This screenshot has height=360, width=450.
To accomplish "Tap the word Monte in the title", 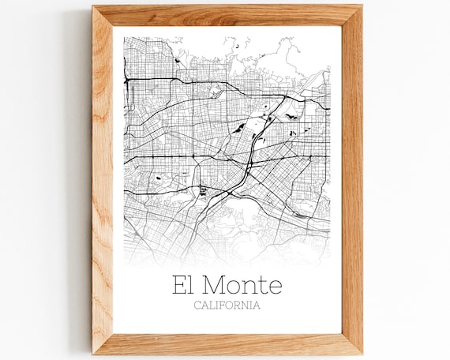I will coord(242,284).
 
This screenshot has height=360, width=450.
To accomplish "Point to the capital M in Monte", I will coord(214,284).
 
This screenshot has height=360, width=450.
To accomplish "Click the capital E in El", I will coord(179,284).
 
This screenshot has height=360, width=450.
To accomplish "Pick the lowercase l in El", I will coord(189,284).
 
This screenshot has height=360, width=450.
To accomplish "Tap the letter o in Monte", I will coord(234,286).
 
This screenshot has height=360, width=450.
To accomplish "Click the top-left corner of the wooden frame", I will coord(93,6).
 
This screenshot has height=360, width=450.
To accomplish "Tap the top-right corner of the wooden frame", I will coord(362,6).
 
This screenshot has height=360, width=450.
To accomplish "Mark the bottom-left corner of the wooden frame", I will coord(93,352).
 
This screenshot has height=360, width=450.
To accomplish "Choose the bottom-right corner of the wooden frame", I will coord(362,352).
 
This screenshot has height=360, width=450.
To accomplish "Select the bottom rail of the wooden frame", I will coord(227,343).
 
